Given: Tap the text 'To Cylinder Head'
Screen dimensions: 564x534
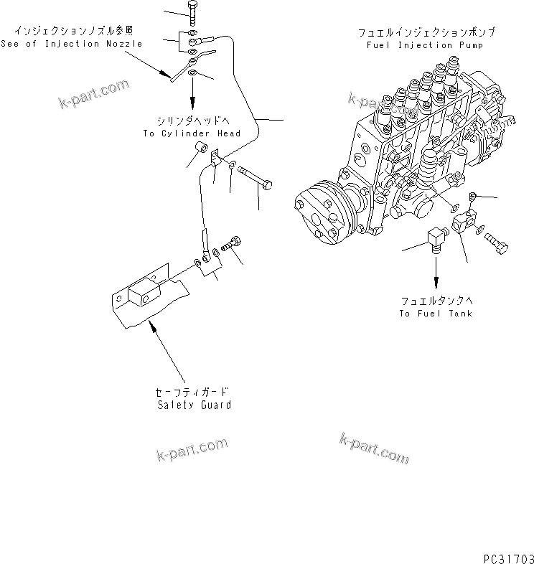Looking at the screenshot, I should (x=191, y=133).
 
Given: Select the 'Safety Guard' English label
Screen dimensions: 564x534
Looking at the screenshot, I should (x=194, y=405).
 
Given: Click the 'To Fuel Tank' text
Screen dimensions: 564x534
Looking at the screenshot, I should (x=436, y=314).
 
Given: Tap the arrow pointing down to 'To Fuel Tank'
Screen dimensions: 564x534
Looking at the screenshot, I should (x=435, y=276).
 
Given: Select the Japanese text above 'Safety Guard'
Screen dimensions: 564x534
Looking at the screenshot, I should (x=192, y=393).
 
